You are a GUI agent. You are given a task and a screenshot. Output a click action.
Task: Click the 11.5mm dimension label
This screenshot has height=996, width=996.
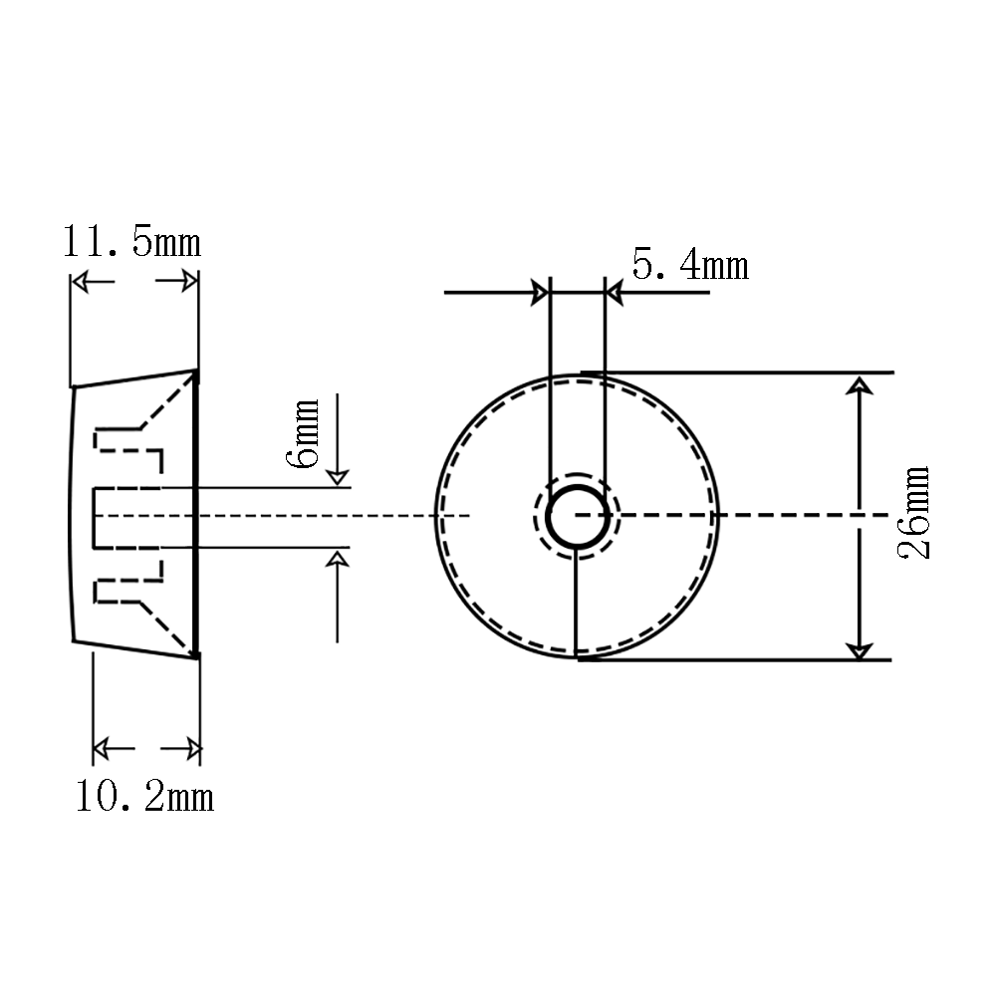tap(131, 242)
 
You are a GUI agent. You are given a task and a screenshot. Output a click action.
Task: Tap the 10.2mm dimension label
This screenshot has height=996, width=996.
tap(144, 797)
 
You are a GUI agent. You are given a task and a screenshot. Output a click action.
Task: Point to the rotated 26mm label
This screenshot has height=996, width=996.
tap(914, 513)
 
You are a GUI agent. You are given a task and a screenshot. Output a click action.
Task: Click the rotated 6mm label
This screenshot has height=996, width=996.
tap(303, 434)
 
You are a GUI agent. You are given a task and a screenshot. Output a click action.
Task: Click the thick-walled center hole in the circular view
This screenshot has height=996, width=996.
tap(578, 516)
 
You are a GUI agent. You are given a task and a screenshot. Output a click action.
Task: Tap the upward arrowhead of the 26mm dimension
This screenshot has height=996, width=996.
tap(860, 385)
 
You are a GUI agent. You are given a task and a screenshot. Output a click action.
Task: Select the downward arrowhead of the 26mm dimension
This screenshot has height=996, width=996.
tap(860, 649)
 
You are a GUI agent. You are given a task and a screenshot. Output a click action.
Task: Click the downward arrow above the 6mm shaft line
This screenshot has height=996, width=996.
tap(338, 439)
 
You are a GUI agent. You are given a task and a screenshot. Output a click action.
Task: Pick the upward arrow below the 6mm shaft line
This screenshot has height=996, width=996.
tap(338, 597)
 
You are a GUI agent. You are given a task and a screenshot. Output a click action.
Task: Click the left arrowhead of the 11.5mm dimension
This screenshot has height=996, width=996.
tap(80, 282)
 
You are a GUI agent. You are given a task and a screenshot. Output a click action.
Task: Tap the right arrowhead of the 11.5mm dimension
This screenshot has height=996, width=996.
tap(190, 281)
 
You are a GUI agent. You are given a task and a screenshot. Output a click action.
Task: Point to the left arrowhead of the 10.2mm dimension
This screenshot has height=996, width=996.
tap(103, 748)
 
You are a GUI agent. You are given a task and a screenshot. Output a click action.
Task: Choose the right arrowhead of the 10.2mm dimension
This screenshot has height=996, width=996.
tap(193, 749)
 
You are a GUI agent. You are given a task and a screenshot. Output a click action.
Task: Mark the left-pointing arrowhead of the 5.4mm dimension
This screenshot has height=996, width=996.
tap(615, 293)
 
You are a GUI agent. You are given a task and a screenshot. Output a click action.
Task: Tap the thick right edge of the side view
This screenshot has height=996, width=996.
tap(196, 513)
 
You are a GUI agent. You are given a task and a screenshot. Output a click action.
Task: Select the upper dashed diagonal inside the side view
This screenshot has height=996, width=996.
tap(166, 401)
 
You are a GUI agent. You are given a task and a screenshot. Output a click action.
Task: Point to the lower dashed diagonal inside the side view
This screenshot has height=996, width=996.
tap(166, 626)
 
